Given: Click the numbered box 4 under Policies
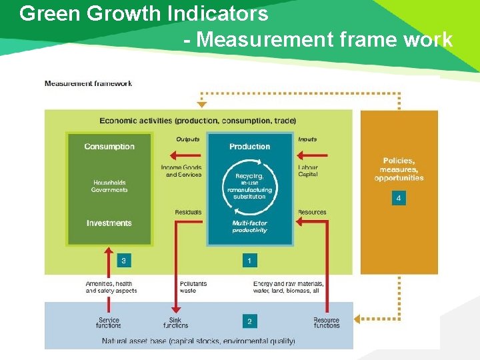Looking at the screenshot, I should (x=399, y=199).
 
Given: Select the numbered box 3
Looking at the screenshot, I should (x=123, y=261).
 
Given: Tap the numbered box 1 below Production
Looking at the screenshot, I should (x=249, y=261).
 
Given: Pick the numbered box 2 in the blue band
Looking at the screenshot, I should (x=249, y=321).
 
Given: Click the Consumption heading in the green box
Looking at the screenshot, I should (x=109, y=147).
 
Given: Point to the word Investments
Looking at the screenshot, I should (x=109, y=223).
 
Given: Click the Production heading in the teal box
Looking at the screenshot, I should (x=250, y=147).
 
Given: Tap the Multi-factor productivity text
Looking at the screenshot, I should (x=250, y=227).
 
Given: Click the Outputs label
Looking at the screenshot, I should (x=188, y=139).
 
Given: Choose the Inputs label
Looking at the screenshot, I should (x=307, y=139).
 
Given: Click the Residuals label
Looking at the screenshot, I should (x=188, y=213).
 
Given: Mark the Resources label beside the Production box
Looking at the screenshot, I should (x=312, y=213).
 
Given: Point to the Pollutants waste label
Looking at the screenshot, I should (x=193, y=287).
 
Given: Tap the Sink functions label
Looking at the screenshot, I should (x=176, y=323).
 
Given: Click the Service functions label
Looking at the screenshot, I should (x=109, y=323).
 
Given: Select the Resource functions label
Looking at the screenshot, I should (x=326, y=323).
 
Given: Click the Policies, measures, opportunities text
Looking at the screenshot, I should (x=399, y=169).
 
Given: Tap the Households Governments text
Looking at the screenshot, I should (x=109, y=186).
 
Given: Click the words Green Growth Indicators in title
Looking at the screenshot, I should (x=144, y=14).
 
